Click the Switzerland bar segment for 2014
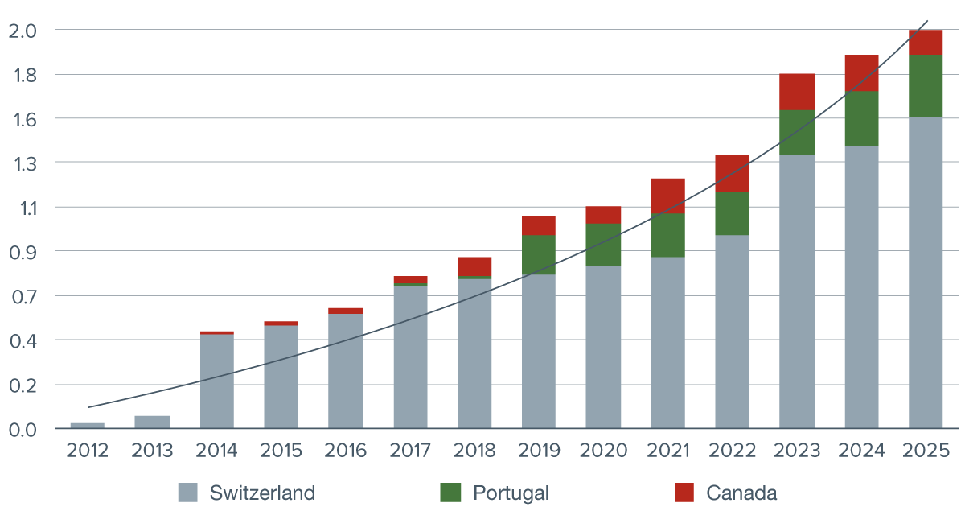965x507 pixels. coord(217,381)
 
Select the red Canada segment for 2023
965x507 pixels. coord(797,92)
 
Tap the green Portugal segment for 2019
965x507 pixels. coord(539,254)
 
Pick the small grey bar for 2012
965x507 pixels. coord(88,425)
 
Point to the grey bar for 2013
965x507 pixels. coord(152,422)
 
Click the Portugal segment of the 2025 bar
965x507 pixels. coord(926,86)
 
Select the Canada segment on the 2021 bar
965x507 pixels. coord(668,196)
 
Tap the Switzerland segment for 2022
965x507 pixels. coord(732,331)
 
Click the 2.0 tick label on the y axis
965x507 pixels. coord(23,31)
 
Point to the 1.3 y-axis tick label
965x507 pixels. coord(23,163)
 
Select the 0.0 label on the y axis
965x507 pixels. coord(23,429)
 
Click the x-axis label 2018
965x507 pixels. coord(474,451)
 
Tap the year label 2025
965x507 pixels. coord(926,451)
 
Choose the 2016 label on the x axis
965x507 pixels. coord(346,451)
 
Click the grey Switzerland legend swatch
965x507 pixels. coord(187,493)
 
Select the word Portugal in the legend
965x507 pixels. coord(511,493)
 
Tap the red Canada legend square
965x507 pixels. coord(684,493)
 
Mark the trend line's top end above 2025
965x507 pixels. coord(929,20)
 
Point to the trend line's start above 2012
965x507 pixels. coord(88,407)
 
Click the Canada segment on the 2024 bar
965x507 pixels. coord(861,73)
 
